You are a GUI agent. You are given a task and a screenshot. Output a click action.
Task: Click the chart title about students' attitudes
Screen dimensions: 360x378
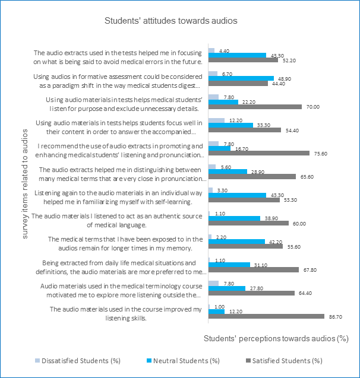point(171,21)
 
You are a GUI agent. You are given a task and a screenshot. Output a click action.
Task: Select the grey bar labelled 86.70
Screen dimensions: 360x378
point(266,316)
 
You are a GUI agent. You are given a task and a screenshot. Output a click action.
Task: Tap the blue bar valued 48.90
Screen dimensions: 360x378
point(241,78)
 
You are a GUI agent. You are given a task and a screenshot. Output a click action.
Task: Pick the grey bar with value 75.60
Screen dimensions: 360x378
point(259,153)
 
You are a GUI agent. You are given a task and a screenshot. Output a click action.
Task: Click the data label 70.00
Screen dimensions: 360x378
point(313,107)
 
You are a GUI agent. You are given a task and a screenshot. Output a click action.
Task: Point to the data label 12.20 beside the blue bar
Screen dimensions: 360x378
point(236,312)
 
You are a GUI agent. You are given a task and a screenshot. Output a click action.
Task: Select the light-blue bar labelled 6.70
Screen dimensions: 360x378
point(213,74)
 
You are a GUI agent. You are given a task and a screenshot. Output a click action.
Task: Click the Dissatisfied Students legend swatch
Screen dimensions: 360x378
point(37,361)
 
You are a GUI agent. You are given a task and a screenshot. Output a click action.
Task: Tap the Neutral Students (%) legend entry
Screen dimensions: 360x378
point(183,361)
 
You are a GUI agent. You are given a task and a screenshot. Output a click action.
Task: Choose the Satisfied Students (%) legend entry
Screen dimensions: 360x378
point(284,361)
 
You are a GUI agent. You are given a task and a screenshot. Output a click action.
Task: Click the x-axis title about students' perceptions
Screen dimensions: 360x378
point(276,338)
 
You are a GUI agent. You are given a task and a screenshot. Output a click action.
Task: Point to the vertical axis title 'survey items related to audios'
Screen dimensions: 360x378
point(25,184)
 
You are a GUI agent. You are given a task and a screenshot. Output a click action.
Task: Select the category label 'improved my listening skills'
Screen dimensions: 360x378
point(126,314)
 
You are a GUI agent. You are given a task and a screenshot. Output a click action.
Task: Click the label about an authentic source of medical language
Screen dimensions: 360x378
point(117,221)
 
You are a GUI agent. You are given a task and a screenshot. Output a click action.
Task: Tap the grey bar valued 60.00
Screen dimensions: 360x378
point(248,223)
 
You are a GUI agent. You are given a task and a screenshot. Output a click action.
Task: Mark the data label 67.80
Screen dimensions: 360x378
point(310,270)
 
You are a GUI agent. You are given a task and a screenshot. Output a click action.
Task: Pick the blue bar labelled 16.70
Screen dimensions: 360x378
point(220,148)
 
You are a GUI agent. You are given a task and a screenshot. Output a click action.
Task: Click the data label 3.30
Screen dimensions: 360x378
point(222,190)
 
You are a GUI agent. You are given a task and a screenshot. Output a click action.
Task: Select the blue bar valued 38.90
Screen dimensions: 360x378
point(235,218)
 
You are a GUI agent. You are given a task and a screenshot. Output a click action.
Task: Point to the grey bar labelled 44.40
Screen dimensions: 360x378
point(238,83)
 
